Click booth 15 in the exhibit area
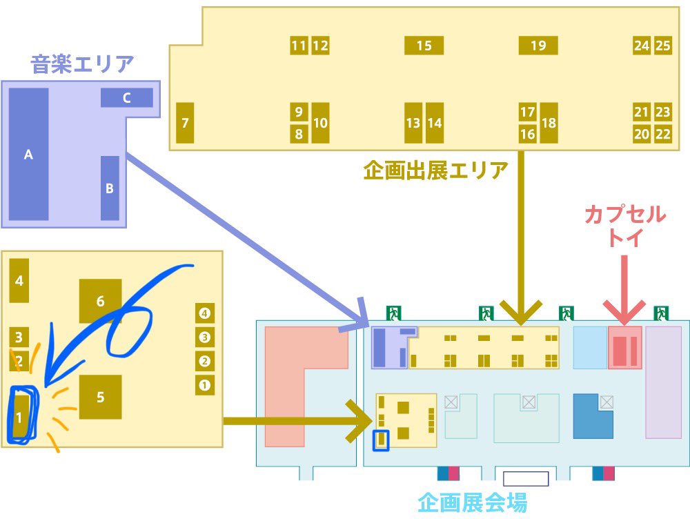pos(424,46)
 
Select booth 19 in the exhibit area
pos(538,46)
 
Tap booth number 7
pos(185,123)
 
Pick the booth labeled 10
pos(320,123)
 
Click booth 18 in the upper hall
pos(549,123)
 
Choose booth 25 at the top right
pos(663,46)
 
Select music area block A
pos(28,155)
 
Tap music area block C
pos(126,98)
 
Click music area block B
pos(110,188)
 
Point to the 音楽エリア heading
pos(82,65)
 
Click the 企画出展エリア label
pos(435,170)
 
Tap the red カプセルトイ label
pos(625,226)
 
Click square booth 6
pos(101,301)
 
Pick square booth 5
pos(101,397)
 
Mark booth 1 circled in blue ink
pos(20,417)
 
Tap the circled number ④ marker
pos(204,313)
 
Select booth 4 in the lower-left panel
pos(19,280)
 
